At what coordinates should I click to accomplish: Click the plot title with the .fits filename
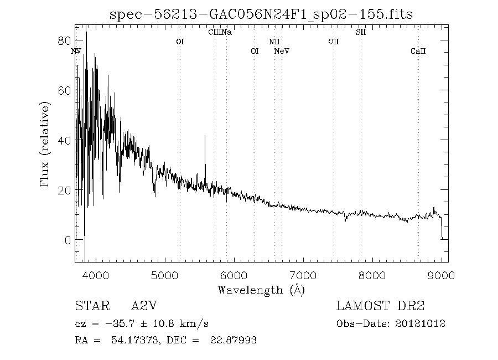261,14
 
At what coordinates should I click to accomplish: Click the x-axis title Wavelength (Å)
261,289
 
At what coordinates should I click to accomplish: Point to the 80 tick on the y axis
65,40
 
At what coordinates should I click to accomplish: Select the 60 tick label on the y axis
65,90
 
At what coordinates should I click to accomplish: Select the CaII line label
418,52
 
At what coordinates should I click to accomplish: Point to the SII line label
361,32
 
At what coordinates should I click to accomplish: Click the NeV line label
282,52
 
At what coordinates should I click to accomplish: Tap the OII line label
333,42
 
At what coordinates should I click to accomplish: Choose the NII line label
274,42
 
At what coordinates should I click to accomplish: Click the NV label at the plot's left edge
76,51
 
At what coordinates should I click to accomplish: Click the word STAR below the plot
91,306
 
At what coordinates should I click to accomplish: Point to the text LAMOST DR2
380,306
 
